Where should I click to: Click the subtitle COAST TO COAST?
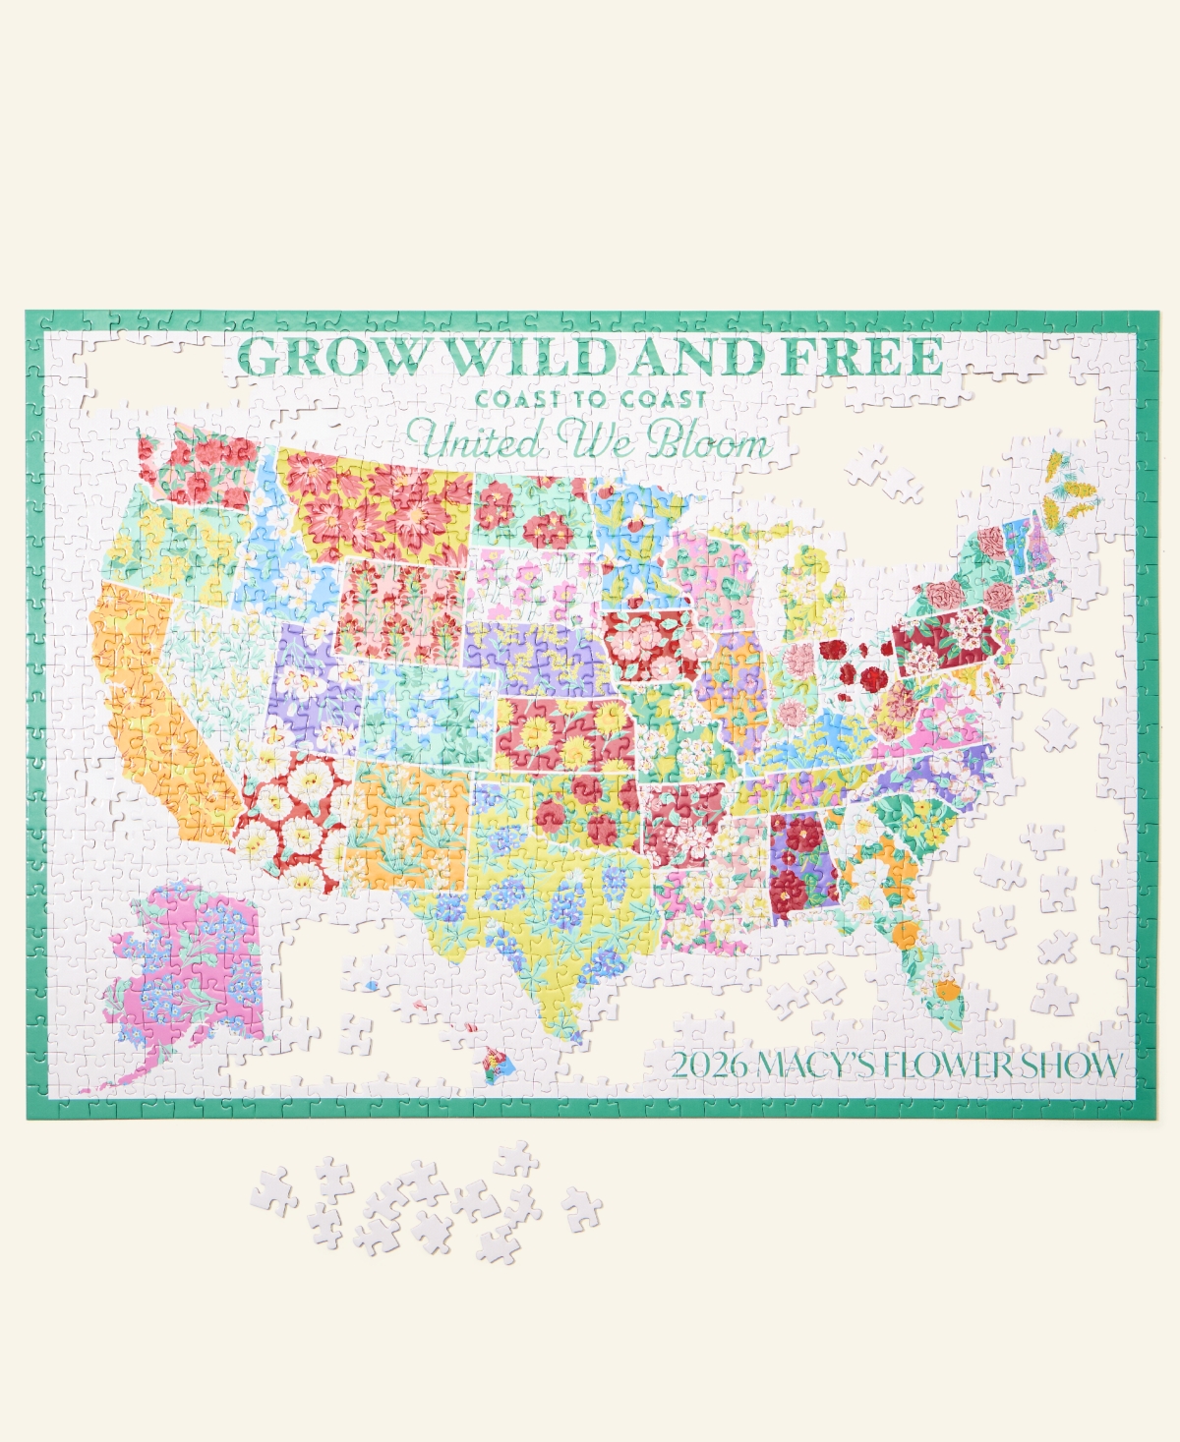point(591,399)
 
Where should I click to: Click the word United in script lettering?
point(476,441)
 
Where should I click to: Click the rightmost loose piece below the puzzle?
point(581,1207)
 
